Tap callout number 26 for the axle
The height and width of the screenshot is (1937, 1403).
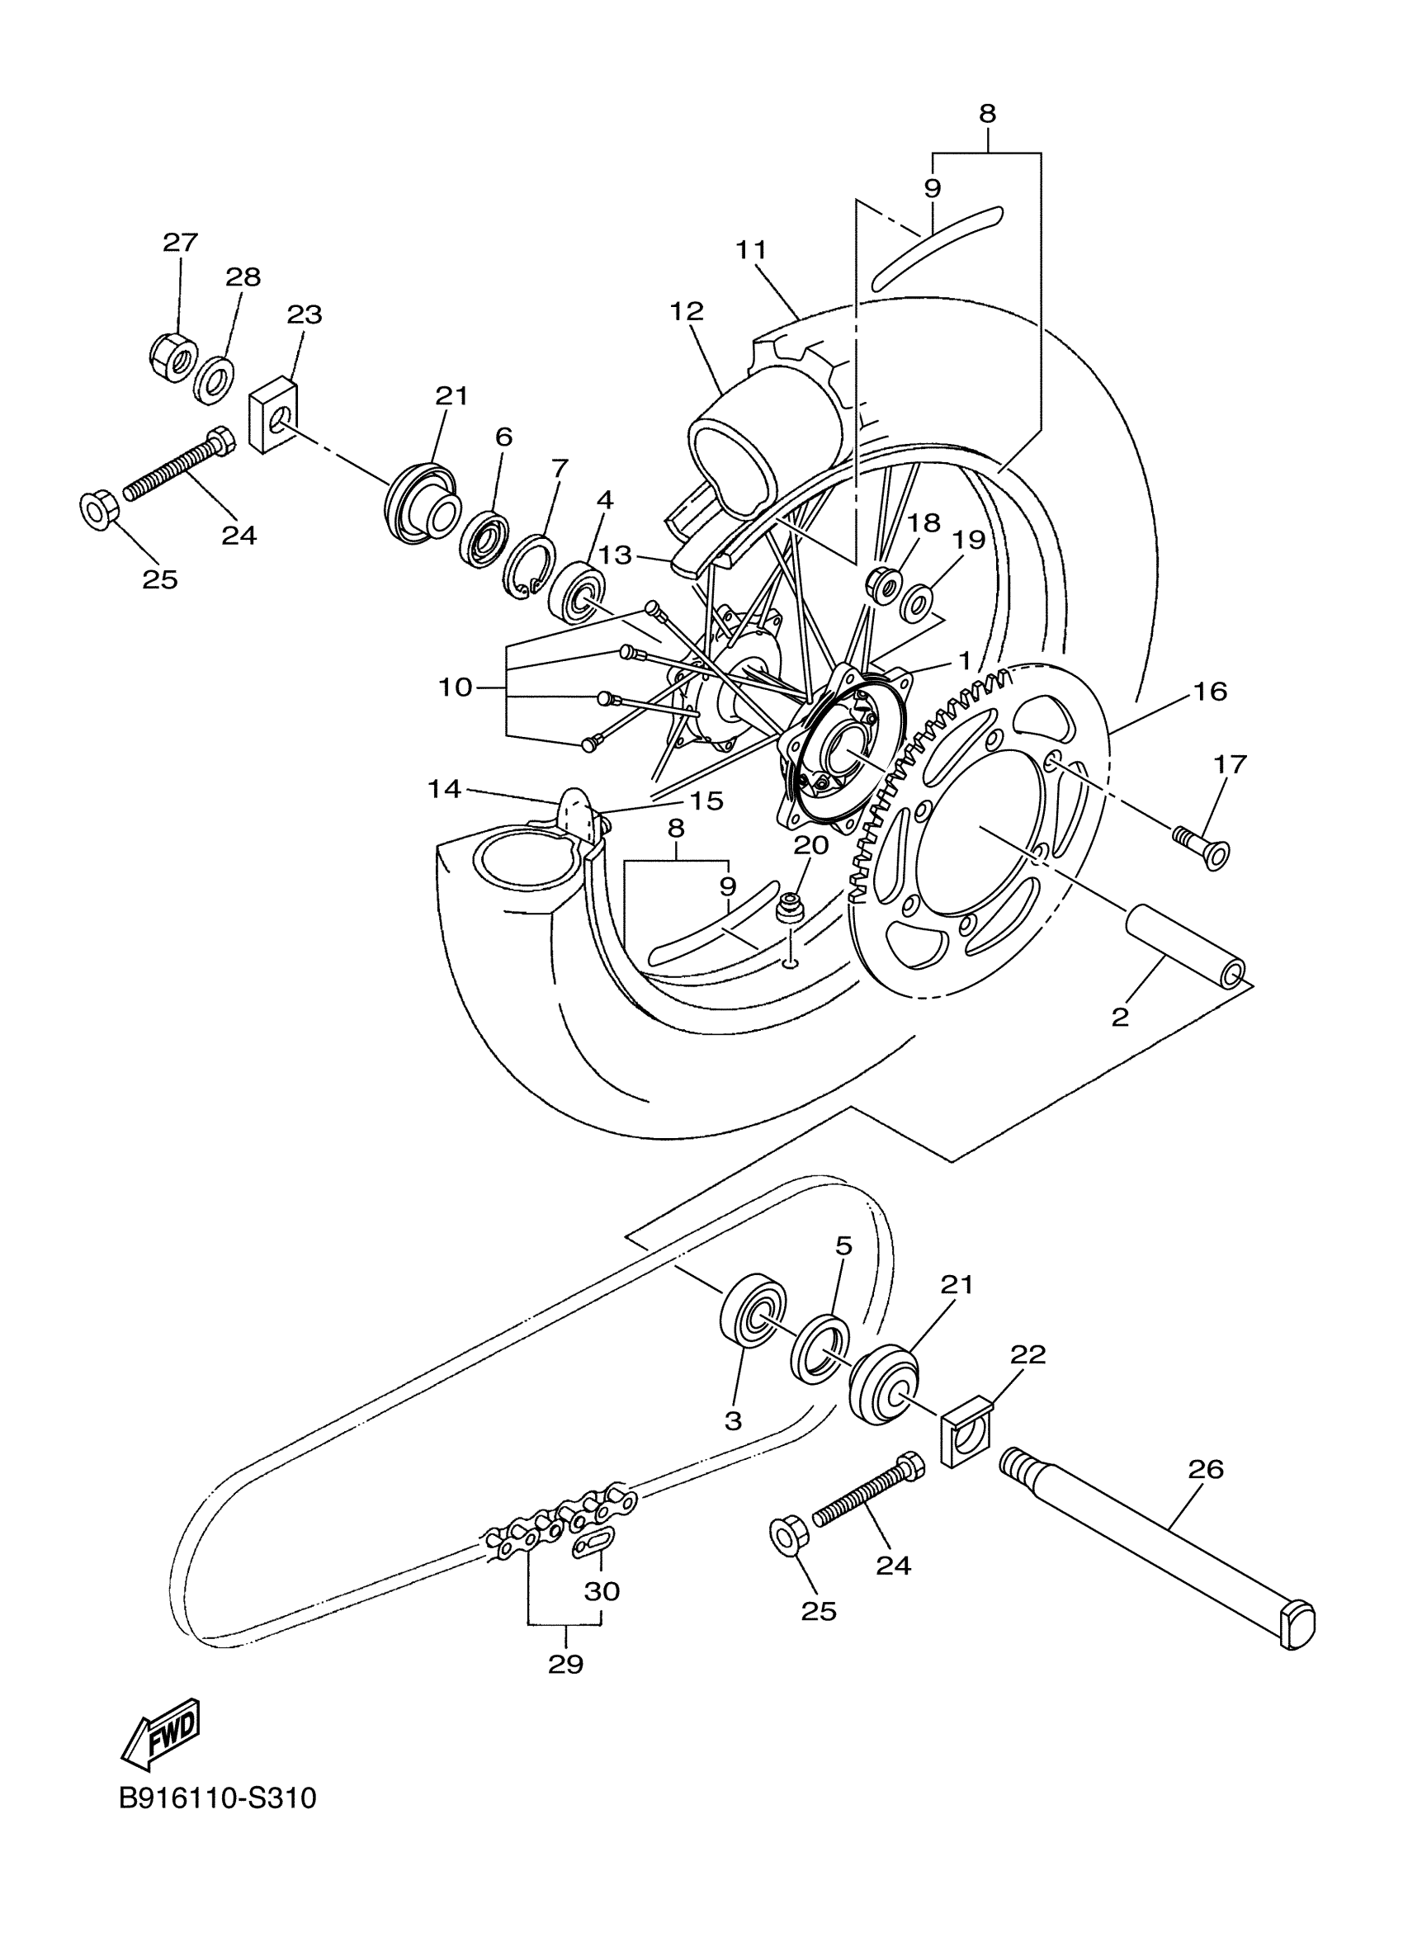(x=1204, y=1468)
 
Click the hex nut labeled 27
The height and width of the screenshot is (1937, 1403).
(x=173, y=357)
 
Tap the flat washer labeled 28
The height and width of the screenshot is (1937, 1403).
(x=213, y=378)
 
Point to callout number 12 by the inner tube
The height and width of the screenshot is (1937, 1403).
(x=687, y=312)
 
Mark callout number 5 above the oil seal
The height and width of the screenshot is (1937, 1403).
(x=843, y=1246)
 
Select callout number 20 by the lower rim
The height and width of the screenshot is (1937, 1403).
(x=810, y=844)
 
